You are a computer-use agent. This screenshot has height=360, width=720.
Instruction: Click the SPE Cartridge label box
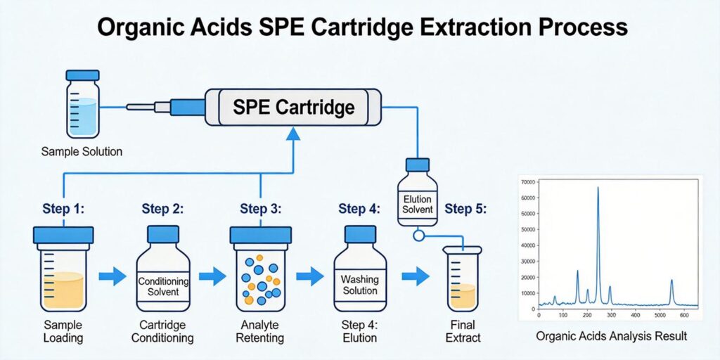click(294, 108)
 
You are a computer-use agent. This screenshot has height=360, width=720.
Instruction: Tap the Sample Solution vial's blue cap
click(82, 75)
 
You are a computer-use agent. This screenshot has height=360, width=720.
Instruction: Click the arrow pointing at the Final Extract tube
click(416, 276)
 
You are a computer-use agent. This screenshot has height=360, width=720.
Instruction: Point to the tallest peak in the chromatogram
click(598, 188)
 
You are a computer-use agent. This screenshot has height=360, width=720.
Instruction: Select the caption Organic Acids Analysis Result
click(611, 337)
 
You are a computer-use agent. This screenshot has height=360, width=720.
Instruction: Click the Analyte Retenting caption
click(261, 331)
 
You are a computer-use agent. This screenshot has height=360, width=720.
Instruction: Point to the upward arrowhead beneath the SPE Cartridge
click(293, 136)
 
